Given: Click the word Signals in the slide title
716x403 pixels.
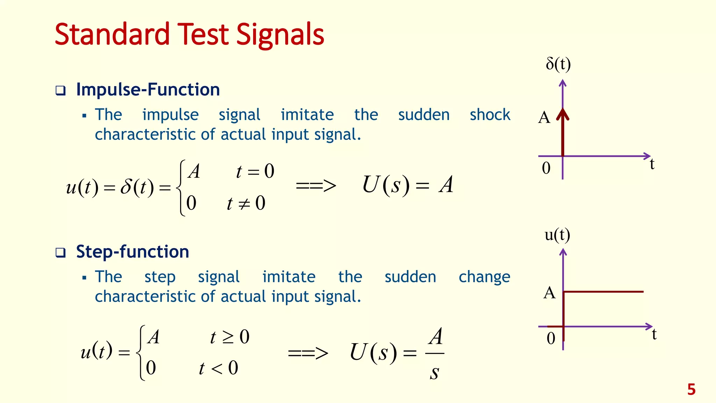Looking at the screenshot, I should click(280, 35).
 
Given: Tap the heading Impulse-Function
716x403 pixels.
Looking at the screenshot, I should click(148, 90).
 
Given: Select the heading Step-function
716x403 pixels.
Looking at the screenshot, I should click(133, 252).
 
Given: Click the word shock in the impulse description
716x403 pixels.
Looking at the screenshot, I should click(490, 115).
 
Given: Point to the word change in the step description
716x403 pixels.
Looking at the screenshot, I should click(484, 277).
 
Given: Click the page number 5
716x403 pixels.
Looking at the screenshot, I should click(691, 389).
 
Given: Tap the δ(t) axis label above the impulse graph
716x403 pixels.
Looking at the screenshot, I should click(558, 64).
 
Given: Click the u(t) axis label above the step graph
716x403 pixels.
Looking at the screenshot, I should click(557, 234).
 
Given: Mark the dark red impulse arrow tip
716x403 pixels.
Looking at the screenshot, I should click(563, 113).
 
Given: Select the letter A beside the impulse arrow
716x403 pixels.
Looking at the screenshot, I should click(544, 118).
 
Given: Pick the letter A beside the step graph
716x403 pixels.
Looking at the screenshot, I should click(549, 292).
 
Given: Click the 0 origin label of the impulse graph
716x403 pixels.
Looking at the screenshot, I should click(546, 168).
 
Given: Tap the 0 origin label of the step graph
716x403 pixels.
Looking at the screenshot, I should click(551, 338).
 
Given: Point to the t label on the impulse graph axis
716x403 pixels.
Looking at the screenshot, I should click(652, 164).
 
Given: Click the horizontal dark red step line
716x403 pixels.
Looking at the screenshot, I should click(603, 291).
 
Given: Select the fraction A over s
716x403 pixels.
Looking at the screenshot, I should click(435, 353).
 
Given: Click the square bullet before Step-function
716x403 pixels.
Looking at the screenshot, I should click(60, 253).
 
